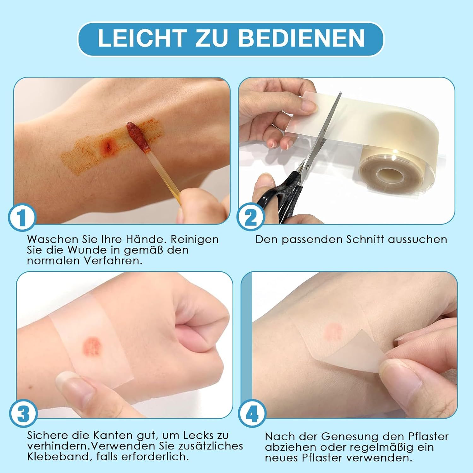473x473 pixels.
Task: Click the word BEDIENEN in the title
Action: (301, 38)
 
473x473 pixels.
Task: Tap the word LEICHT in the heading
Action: (141, 38)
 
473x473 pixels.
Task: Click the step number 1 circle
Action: (22, 217)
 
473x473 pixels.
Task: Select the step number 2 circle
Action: (251, 217)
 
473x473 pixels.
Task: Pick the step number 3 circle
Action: (23, 414)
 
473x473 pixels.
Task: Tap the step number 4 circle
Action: (252, 414)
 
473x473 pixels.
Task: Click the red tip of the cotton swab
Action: (138, 137)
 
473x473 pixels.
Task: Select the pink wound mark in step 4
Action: (333, 330)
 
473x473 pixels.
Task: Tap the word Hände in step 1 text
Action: (147, 239)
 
